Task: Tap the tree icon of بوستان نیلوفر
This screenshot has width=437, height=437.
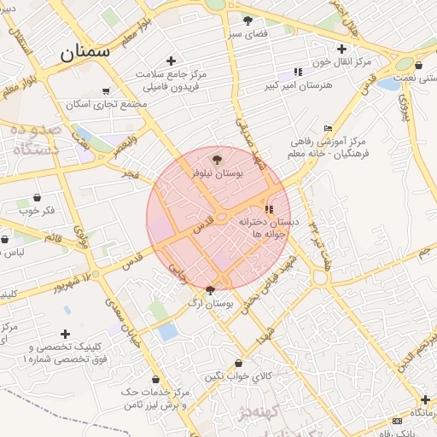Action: pyautogui.click(x=216, y=159)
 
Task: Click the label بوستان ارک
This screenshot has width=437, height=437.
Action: pyautogui.click(x=210, y=303)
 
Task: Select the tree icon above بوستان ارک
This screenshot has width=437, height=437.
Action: pyautogui.click(x=211, y=290)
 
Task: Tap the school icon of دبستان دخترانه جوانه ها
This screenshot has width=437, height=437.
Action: pyautogui.click(x=269, y=209)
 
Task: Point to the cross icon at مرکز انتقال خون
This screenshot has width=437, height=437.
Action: pyautogui.click(x=342, y=49)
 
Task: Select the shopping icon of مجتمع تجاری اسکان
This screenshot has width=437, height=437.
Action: pyautogui.click(x=106, y=91)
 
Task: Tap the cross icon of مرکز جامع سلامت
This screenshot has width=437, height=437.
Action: pyautogui.click(x=172, y=61)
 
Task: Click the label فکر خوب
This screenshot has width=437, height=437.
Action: pyautogui.click(x=36, y=210)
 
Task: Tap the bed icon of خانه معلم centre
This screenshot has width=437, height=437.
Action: pyautogui.click(x=328, y=127)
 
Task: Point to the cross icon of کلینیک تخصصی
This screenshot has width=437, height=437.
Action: pyautogui.click(x=66, y=334)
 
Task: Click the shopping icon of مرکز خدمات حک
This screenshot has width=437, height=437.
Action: pyautogui.click(x=154, y=379)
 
